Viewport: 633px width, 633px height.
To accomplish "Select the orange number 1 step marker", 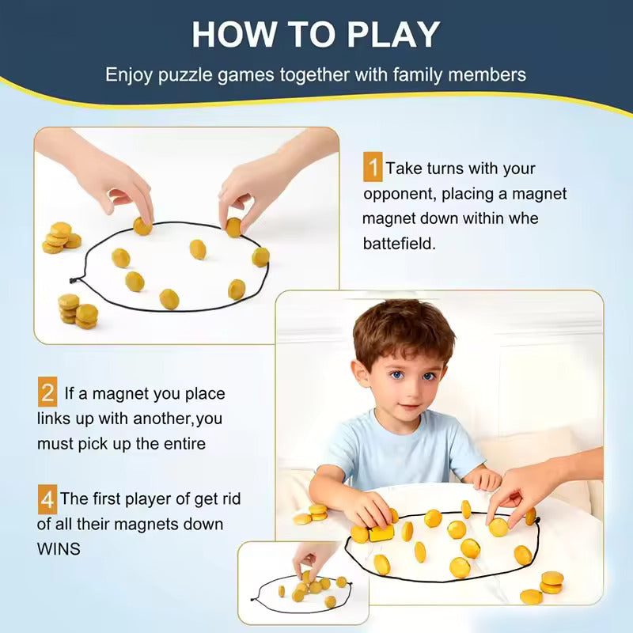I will (373, 169).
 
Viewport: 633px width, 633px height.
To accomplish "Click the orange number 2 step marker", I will (47, 392).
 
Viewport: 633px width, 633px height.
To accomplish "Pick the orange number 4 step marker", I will (47, 499).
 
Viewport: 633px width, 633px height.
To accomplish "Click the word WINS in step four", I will (59, 548).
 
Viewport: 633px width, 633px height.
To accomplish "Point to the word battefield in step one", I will (399, 244).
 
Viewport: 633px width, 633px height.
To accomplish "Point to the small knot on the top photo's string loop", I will (74, 280).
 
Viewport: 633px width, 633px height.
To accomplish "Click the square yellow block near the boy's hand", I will (381, 533).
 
